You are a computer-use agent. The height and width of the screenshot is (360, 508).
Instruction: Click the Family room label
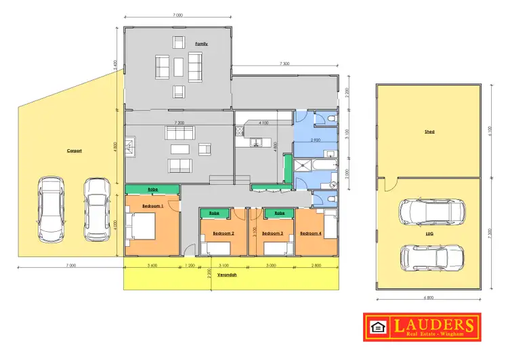click(x=201, y=43)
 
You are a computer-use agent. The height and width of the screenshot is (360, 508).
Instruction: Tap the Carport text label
click(x=75, y=151)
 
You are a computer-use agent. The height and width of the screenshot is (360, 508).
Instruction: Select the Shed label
click(x=429, y=132)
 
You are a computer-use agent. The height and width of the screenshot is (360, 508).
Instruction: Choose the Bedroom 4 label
click(x=310, y=233)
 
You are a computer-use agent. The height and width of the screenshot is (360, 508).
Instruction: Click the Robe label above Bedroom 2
click(x=214, y=213)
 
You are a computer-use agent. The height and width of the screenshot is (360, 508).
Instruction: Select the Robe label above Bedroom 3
click(x=279, y=213)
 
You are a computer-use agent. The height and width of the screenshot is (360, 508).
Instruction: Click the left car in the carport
click(x=51, y=209)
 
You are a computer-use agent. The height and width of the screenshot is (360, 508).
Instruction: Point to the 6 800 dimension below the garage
click(x=428, y=297)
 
